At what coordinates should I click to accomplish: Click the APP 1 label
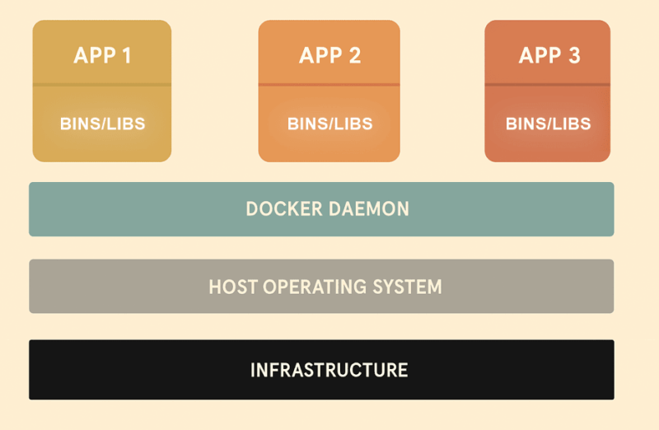point(102,56)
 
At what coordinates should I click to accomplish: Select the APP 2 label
point(329,56)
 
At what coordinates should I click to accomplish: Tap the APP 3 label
point(549,56)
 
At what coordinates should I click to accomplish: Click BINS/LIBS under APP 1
point(102,124)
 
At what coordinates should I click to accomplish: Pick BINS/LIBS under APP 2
point(329,124)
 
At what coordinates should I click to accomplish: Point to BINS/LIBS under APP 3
point(548,124)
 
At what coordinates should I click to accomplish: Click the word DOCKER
point(284,209)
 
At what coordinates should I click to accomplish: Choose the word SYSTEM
point(408,287)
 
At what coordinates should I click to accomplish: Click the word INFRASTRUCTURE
point(329,370)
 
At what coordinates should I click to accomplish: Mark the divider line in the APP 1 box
point(102,85)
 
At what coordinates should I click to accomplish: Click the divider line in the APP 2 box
point(329,85)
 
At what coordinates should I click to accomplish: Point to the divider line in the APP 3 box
point(548,85)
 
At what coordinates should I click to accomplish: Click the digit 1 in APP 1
point(126,56)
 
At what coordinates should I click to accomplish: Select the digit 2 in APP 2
point(354,56)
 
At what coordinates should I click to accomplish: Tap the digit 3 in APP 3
point(573,56)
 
